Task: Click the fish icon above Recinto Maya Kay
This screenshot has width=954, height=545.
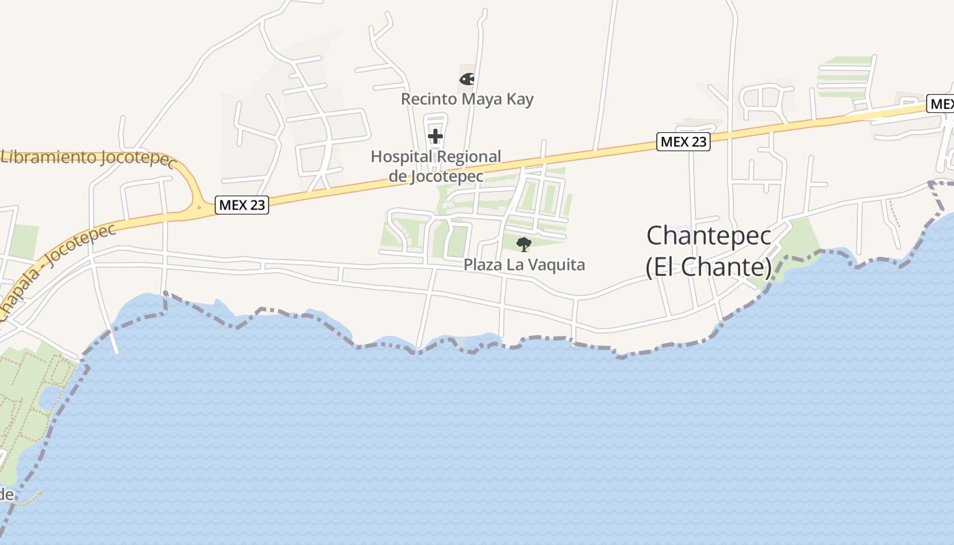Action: click(467, 79)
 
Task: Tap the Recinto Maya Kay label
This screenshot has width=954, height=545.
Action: click(467, 99)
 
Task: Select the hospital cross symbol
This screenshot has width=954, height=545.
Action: click(435, 136)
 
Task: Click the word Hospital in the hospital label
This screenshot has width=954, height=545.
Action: click(401, 157)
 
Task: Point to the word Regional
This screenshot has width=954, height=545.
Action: click(469, 157)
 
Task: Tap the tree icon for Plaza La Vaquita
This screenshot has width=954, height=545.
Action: click(523, 244)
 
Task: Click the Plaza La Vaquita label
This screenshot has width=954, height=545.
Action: click(524, 264)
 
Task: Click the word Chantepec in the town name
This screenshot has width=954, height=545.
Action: click(709, 236)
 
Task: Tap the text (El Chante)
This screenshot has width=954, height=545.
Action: click(709, 267)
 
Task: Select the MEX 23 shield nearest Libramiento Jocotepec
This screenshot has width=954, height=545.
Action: click(242, 204)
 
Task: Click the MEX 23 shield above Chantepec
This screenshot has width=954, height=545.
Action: click(683, 142)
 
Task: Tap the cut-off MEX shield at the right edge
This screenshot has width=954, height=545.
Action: click(941, 104)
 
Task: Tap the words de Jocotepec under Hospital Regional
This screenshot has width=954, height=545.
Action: click(446, 176)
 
